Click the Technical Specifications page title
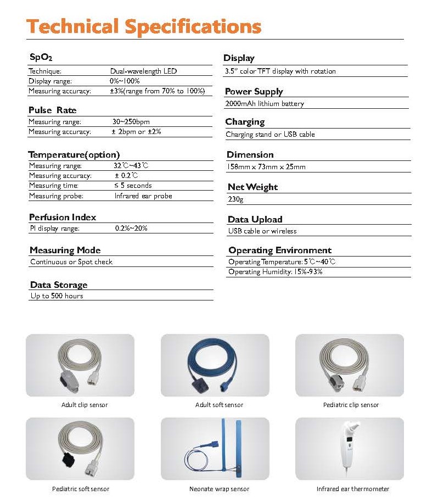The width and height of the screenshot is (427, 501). click(144, 26)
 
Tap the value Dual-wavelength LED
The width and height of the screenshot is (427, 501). click(143, 71)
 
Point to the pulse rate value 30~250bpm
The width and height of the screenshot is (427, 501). click(131, 122)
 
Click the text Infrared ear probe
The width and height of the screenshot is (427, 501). click(143, 196)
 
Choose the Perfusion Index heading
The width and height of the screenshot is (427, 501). click(62, 217)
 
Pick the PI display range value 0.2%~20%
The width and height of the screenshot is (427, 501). click(131, 229)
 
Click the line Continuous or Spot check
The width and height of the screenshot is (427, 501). click(71, 262)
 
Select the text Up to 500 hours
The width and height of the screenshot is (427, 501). click(57, 296)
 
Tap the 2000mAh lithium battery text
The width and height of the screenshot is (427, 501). click(264, 104)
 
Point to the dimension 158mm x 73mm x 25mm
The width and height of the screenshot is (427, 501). click(266, 167)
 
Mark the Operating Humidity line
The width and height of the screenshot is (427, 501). click(275, 272)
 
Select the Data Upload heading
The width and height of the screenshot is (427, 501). click(255, 219)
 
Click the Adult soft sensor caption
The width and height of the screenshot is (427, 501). click(219, 405)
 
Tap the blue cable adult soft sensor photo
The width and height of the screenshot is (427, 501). click(215, 365)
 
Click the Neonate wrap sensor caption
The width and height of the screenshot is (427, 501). click(219, 489)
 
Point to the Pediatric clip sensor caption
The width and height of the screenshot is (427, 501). click(351, 405)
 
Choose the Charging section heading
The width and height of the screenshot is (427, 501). click(245, 122)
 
